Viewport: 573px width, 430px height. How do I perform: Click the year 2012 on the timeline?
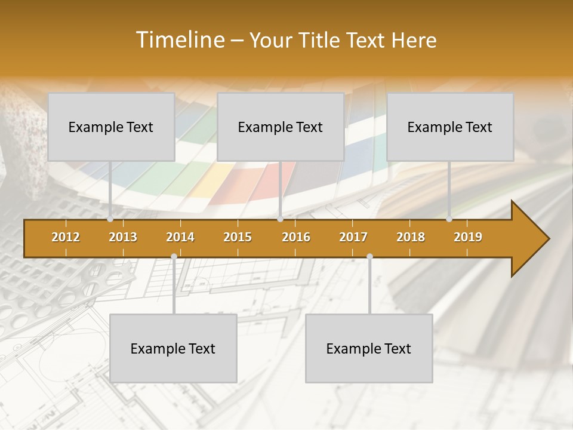(x=66, y=237)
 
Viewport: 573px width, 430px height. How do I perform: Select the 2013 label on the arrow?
(x=123, y=237)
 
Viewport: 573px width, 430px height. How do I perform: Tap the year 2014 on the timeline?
(x=180, y=237)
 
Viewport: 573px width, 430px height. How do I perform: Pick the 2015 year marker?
(x=238, y=237)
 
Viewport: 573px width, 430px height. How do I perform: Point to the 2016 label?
(x=296, y=237)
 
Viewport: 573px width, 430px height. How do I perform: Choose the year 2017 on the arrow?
(x=353, y=237)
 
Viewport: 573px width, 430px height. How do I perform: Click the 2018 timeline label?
(x=411, y=237)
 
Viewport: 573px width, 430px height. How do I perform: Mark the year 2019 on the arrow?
(x=468, y=237)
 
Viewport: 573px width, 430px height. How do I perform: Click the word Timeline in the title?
(x=179, y=40)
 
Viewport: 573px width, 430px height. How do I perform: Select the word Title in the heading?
(x=319, y=40)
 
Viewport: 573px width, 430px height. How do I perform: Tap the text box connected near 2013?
(x=111, y=127)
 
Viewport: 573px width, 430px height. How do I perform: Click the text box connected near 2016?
(x=281, y=127)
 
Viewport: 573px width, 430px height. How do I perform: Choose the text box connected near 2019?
(x=450, y=127)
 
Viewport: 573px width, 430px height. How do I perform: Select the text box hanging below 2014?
(x=173, y=348)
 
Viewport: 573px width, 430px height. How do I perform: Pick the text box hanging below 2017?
(x=369, y=348)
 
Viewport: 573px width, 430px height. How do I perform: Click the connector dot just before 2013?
(x=110, y=219)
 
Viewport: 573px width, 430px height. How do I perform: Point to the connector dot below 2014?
(x=174, y=257)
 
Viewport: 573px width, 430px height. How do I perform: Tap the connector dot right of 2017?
(x=369, y=257)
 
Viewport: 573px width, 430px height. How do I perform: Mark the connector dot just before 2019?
(x=449, y=219)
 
